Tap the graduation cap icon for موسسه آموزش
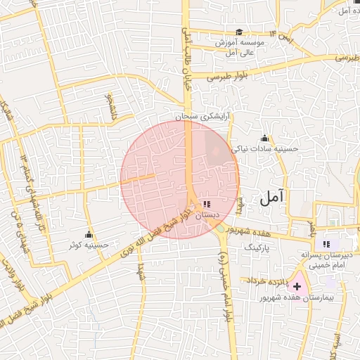point(239,32)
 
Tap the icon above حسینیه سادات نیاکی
point(264,138)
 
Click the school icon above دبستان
point(205,203)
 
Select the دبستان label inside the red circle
point(207,214)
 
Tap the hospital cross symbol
point(297,286)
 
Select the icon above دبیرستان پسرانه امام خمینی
point(325,243)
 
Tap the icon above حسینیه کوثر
point(89,234)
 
